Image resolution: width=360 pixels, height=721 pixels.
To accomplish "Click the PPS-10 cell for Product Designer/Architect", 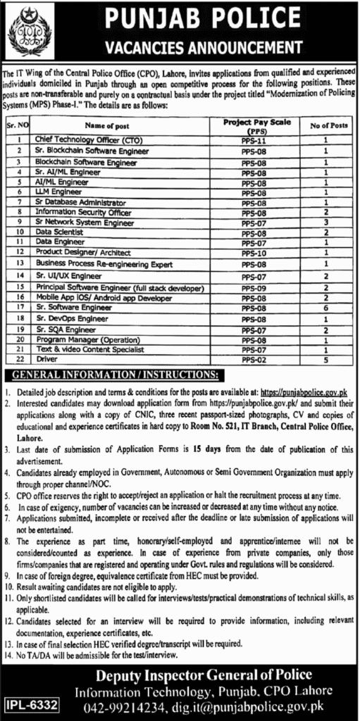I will (x=251, y=251).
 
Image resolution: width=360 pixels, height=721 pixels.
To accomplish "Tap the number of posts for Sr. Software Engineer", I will (x=325, y=308).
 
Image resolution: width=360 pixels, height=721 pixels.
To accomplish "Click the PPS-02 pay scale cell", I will (x=251, y=358).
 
